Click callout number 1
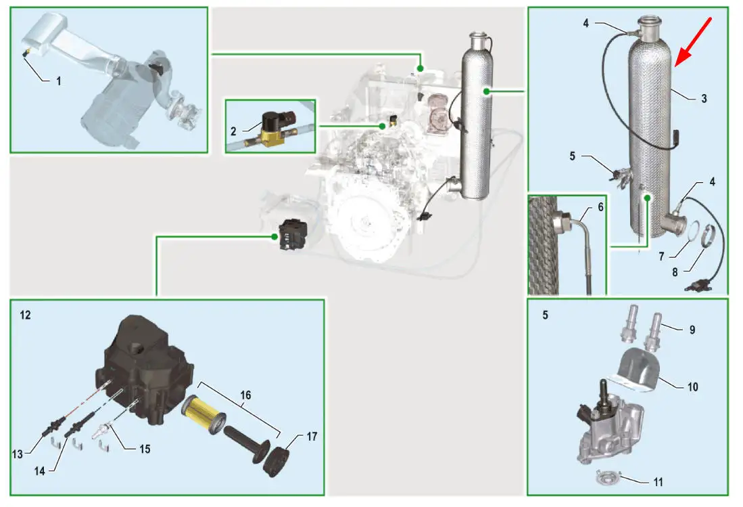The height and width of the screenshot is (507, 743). pyautogui.click(x=59, y=81)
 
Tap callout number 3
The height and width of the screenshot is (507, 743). pyautogui.click(x=704, y=99)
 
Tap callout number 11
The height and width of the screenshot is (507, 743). pyautogui.click(x=658, y=482)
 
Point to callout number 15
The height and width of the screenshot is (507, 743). pyautogui.click(x=145, y=448)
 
